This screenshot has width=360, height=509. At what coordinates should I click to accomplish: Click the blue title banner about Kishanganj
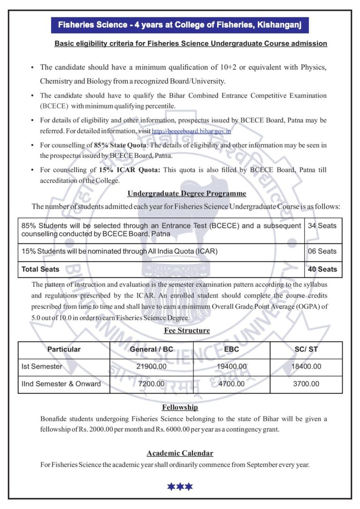[x=180, y=24]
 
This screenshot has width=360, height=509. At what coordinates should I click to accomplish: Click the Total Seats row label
[x=40, y=269]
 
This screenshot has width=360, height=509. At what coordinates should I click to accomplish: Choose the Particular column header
[x=64, y=349]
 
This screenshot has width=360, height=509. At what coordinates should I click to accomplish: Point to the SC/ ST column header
[x=306, y=349]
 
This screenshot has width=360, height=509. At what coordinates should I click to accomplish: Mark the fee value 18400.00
[x=306, y=367]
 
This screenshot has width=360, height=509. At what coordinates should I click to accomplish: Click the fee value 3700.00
[x=306, y=384]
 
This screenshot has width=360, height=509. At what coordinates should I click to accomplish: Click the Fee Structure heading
[x=187, y=330]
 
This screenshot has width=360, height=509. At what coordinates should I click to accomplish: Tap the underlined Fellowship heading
[x=180, y=407]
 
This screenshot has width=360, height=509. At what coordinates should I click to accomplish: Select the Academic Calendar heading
[x=180, y=453]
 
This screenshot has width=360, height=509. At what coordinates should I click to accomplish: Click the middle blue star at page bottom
[x=180, y=487]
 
